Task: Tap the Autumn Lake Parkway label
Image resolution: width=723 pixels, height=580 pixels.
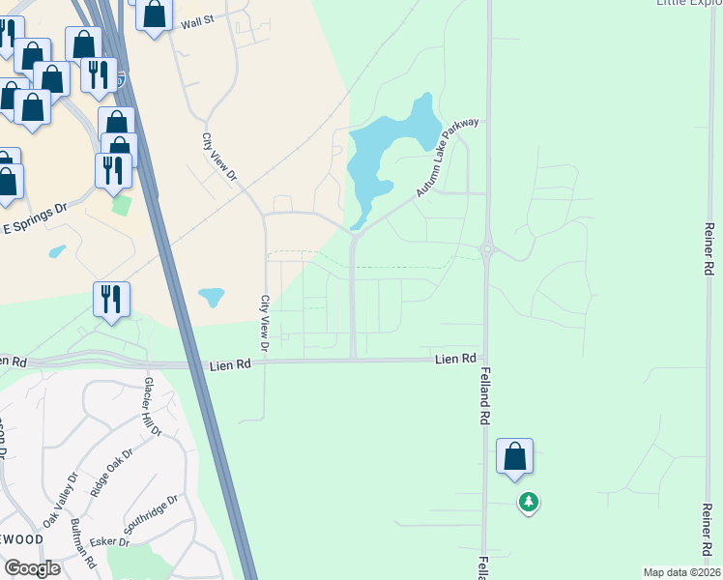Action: click(448, 159)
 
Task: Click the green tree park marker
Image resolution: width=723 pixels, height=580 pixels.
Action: click(528, 502)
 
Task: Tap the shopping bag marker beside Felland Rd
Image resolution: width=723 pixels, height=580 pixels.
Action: click(514, 456)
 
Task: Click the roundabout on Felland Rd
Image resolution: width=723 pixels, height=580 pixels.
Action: click(487, 249)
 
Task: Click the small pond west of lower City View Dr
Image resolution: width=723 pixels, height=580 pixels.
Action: click(212, 297)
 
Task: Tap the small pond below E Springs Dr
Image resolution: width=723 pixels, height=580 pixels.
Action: click(57, 252)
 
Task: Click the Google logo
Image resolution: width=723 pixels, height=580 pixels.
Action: click(32, 568)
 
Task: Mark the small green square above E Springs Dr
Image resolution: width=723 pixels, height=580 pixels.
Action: click(121, 205)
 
